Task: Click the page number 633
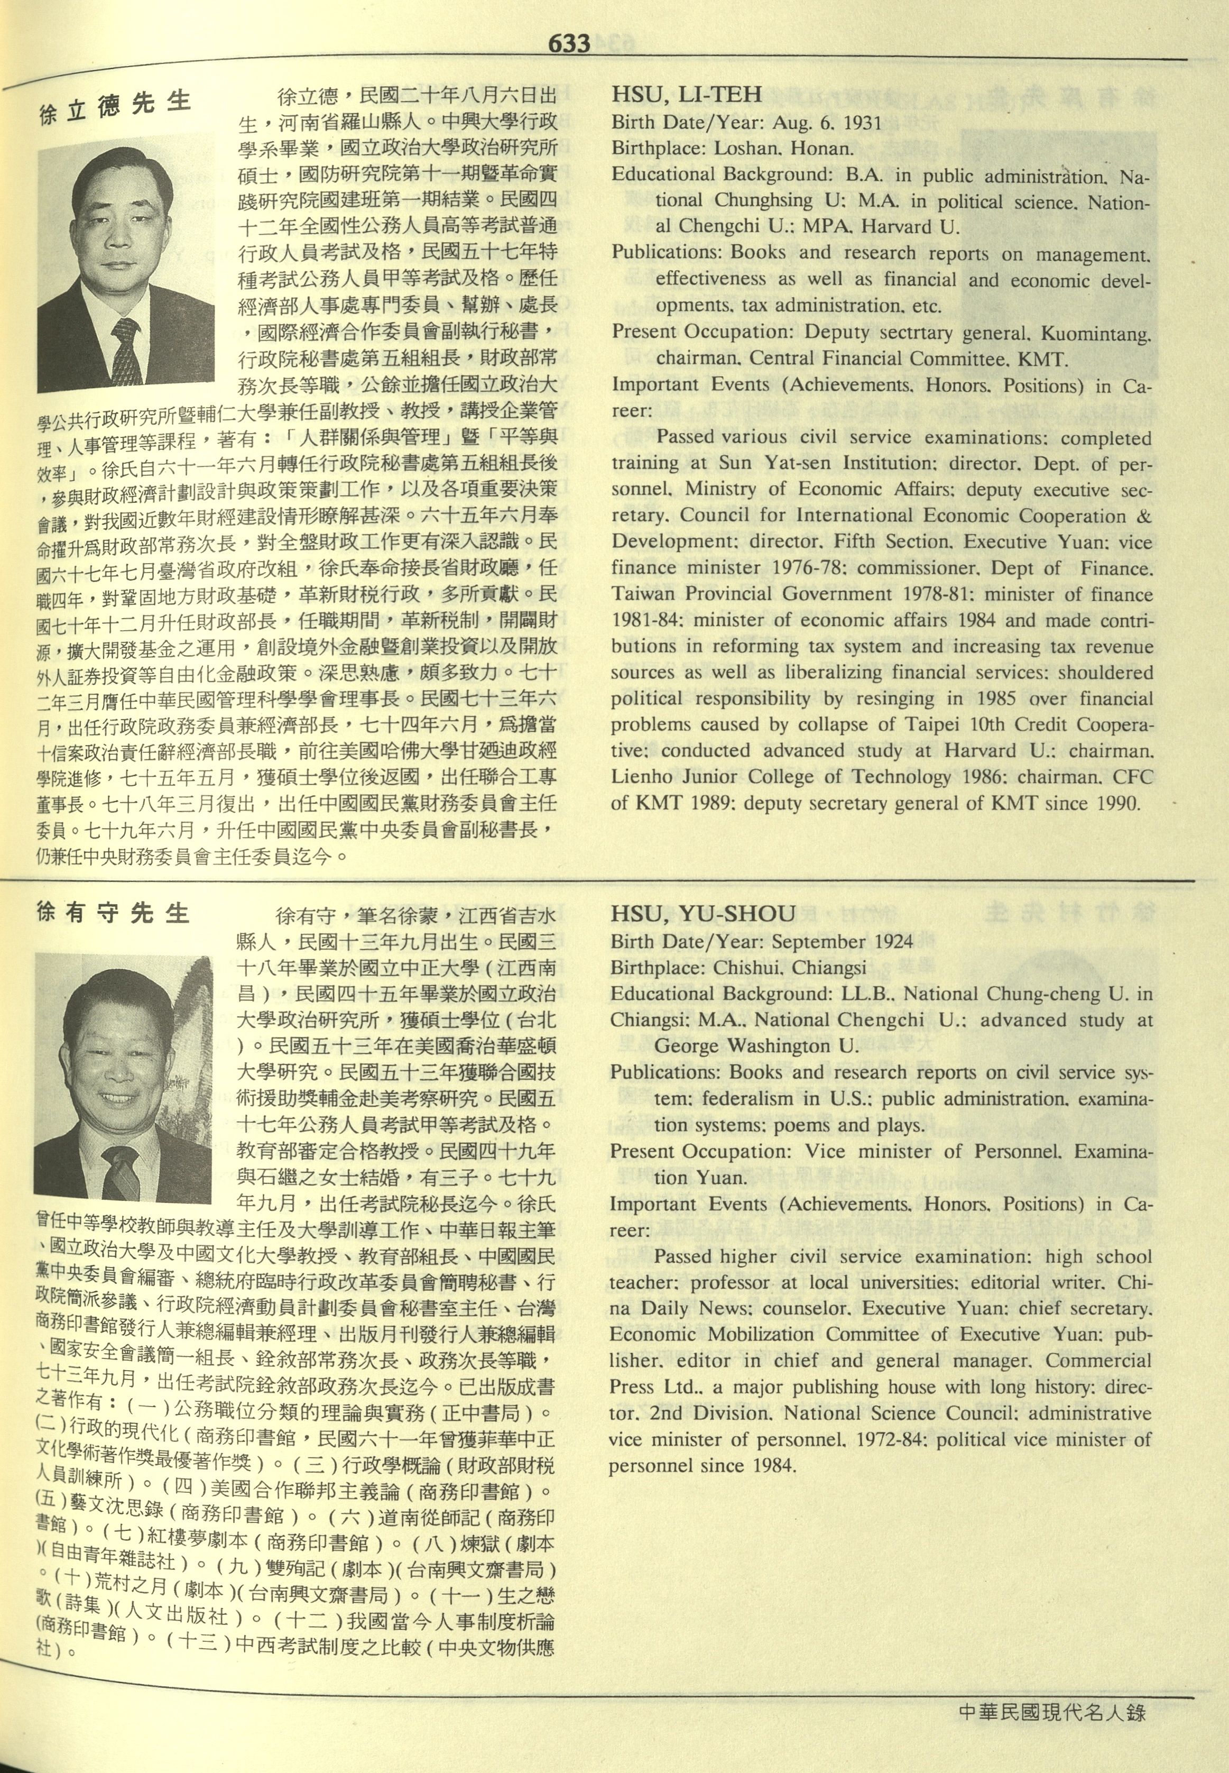[569, 44]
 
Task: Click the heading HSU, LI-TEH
[686, 95]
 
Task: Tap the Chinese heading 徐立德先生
[115, 107]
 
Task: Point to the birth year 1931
[861, 123]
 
